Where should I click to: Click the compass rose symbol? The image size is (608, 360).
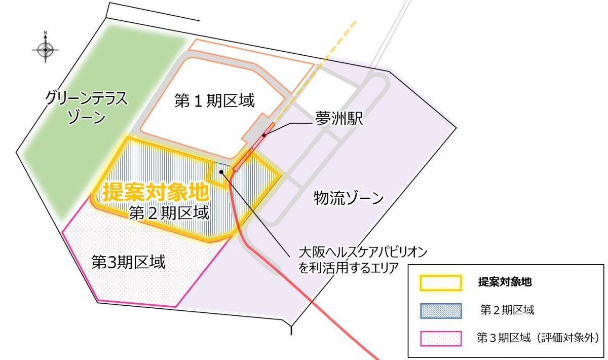[46, 50]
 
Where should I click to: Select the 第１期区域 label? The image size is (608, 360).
[214, 100]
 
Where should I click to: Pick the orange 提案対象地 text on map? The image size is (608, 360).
[156, 192]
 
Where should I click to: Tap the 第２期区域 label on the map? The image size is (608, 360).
[169, 213]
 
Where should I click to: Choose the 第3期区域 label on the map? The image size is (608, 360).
[128, 262]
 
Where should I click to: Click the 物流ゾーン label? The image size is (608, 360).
[349, 197]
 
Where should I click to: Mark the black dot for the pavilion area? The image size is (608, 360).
[221, 172]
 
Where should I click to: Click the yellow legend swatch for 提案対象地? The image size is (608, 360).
[440, 283]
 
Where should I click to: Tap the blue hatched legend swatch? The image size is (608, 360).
[440, 310]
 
